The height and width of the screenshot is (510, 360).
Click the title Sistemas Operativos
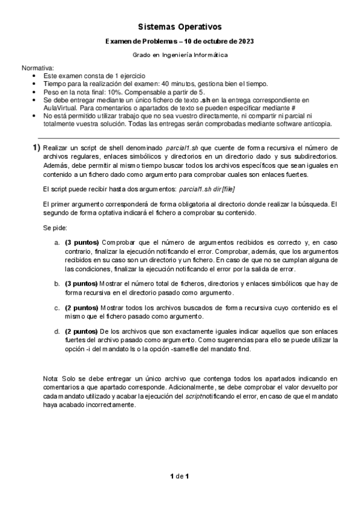[x=180, y=27]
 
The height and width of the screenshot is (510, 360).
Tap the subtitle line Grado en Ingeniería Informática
[x=180, y=54]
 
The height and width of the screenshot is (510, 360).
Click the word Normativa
[x=37, y=69]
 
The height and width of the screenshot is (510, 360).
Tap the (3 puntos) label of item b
[x=82, y=283]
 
